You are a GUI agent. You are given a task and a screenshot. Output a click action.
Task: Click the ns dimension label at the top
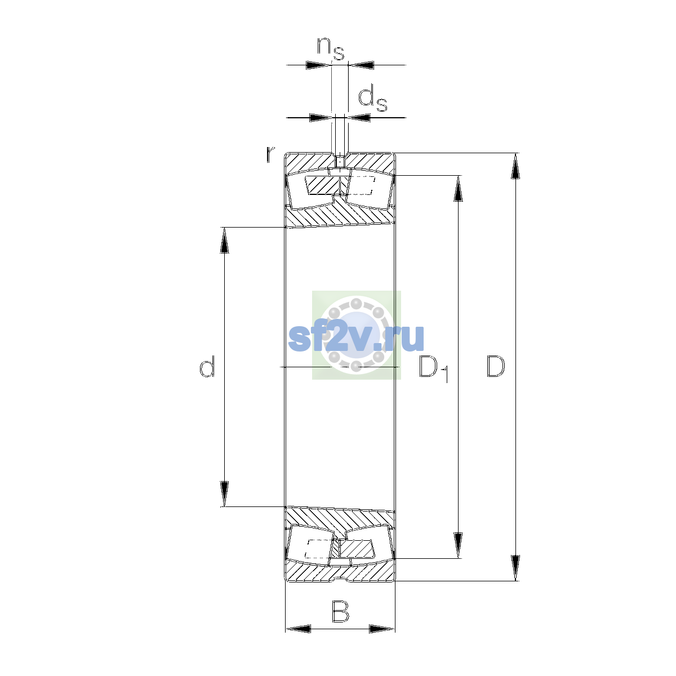[x=331, y=48]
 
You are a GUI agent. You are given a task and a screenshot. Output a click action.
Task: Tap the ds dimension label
[x=372, y=100]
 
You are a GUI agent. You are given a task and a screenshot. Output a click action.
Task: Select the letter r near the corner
[x=270, y=154]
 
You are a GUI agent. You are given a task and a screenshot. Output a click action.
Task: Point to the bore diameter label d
[x=207, y=366]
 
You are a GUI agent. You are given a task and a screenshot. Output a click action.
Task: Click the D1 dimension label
[x=434, y=368]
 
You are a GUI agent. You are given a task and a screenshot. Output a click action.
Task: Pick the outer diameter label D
[x=496, y=367]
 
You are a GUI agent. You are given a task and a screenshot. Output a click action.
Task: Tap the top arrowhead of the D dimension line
[x=515, y=166]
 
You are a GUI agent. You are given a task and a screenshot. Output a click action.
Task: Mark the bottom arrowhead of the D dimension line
[x=515, y=568]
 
